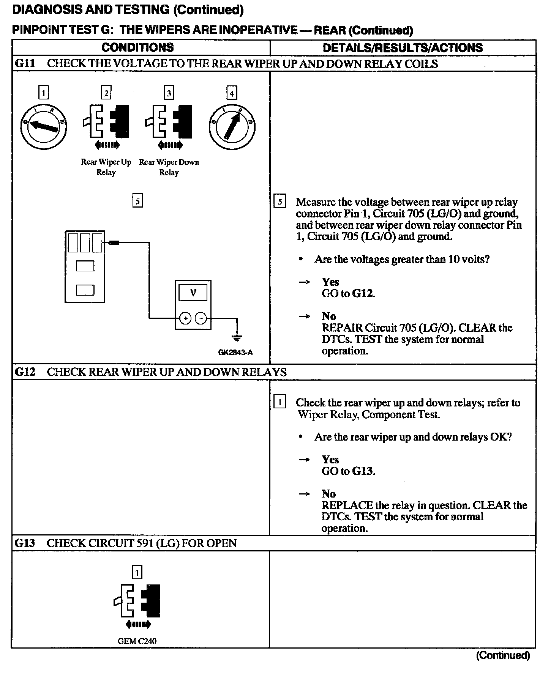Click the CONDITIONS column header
point(137,47)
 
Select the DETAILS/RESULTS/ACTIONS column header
point(403,48)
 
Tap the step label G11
point(25,63)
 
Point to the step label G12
point(25,372)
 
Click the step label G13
point(25,543)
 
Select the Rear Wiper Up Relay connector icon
point(106,121)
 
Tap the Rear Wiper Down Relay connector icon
point(169,121)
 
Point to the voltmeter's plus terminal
point(185,318)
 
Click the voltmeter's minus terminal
point(201,318)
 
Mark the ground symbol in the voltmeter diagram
point(237,337)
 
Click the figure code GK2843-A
point(235,353)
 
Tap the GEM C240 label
point(137,641)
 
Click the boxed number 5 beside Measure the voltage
point(279,202)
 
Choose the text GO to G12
point(348,293)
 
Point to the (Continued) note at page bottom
point(503,655)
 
